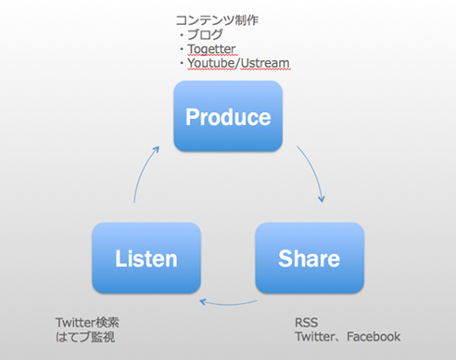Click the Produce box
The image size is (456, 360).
pos(228,116)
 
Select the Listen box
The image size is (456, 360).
pos(146,258)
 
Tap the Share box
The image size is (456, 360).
pos(310,258)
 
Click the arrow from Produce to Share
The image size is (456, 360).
pos(313,171)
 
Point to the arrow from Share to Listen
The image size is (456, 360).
pos(229,304)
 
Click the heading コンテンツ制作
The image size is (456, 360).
pos(217,20)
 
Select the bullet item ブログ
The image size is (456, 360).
pos(205,34)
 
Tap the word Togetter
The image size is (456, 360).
pos(211,49)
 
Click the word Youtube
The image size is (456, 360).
pos(211,63)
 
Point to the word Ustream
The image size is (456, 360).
pos(265,63)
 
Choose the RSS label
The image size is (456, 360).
pos(306,323)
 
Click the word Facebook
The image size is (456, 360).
pos(374,337)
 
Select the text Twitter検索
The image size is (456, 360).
pos(87,323)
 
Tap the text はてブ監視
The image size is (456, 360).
pos(85,337)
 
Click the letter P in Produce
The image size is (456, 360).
pos(193,117)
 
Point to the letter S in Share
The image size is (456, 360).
pos(285,258)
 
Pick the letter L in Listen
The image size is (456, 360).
pos(120,258)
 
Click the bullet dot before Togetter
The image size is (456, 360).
pos(182,49)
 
